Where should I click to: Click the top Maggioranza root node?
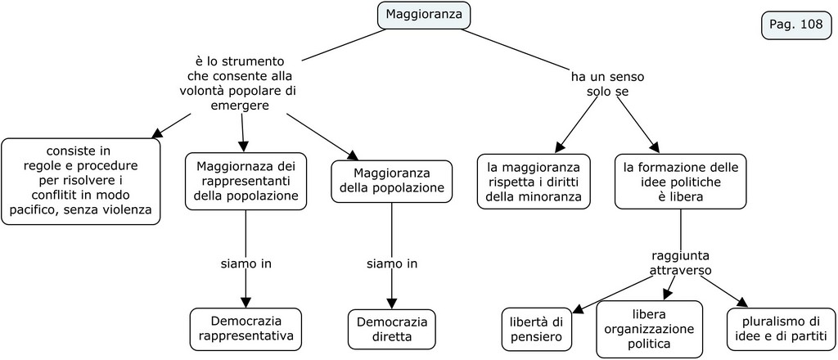click(424, 15)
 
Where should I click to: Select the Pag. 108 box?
click(795, 25)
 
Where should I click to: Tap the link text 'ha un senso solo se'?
click(607, 84)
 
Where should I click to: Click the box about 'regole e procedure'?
click(80, 181)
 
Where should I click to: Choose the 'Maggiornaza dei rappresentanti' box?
click(246, 181)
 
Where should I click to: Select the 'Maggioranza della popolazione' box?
click(392, 181)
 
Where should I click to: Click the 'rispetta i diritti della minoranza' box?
click(534, 181)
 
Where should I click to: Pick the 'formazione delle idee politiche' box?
click(680, 181)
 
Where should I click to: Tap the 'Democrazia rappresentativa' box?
click(246, 328)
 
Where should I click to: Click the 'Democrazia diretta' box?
click(392, 328)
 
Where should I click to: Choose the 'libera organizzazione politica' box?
click(649, 329)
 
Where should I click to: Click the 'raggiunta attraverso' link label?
click(681, 262)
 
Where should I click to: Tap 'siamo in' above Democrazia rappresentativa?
click(246, 263)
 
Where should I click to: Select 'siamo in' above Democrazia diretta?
click(392, 263)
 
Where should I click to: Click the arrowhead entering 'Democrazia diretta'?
click(392, 302)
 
